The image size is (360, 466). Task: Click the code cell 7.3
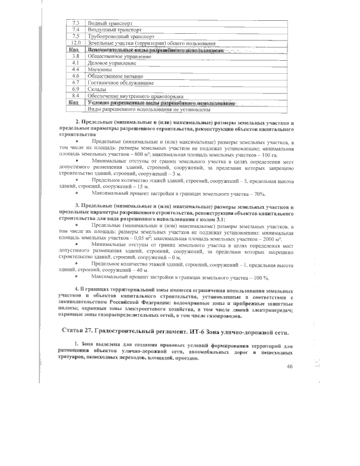point(75,24)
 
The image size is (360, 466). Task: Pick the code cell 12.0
point(75,43)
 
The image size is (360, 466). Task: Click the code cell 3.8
point(75,56)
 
